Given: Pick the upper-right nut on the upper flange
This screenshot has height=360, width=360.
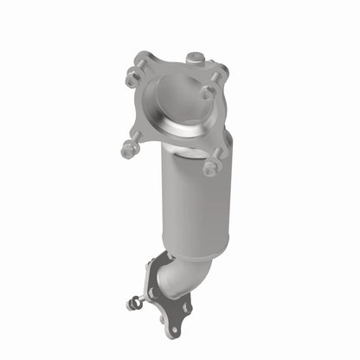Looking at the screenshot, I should point(209,90).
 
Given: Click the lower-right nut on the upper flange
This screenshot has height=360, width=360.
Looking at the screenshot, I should point(210,166).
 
